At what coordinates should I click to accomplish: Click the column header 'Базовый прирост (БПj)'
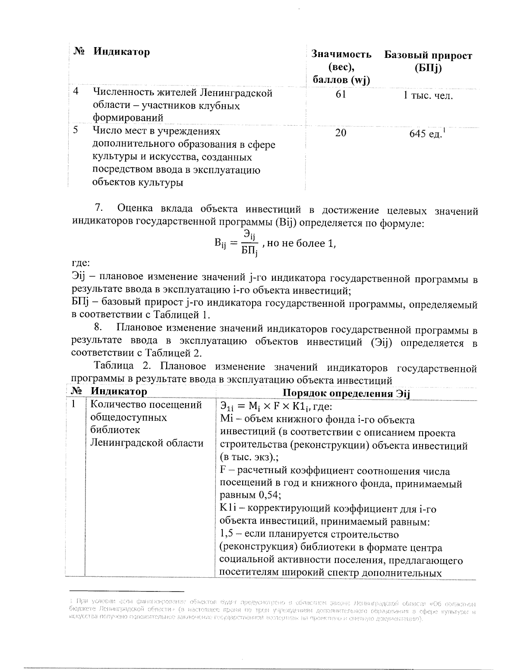[428, 62]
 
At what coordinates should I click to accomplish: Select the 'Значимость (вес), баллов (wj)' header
[341, 67]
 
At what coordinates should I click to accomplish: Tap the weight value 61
[341, 94]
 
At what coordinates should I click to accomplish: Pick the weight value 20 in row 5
[341, 134]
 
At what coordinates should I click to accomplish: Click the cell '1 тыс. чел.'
[428, 95]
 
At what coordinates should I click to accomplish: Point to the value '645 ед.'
[425, 134]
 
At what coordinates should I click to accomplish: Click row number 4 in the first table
[76, 92]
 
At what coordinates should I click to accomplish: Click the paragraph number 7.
[98, 208]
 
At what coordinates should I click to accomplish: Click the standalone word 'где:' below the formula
[80, 263]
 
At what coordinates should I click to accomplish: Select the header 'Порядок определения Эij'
[345, 393]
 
